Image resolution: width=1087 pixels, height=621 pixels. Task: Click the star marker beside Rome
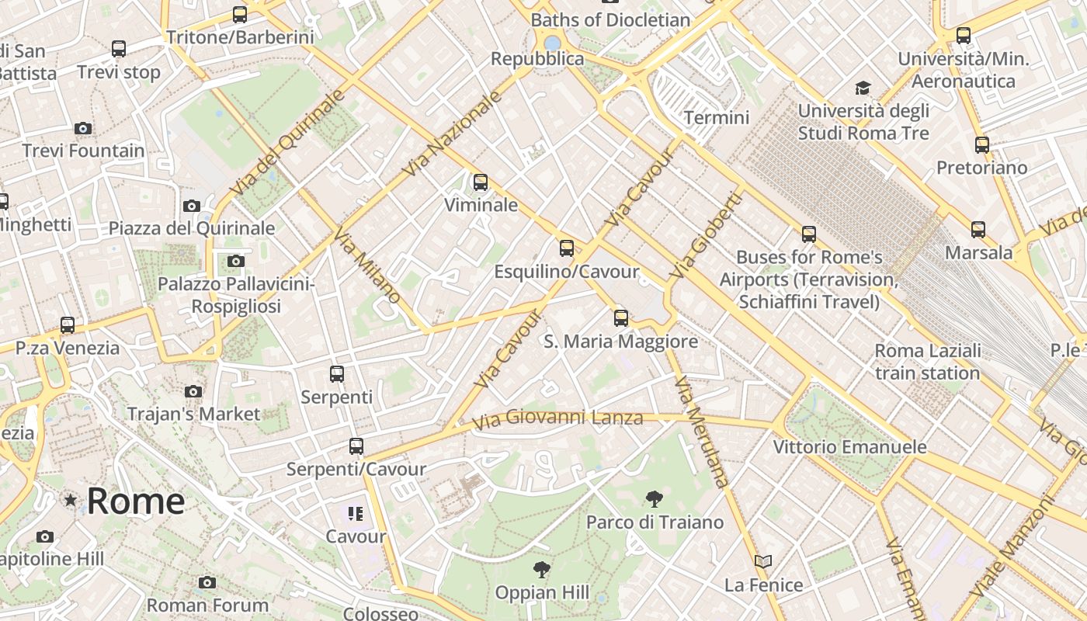pos(71,501)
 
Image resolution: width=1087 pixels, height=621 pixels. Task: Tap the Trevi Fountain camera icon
pos(83,128)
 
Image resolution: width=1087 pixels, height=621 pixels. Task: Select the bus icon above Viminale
pos(481,182)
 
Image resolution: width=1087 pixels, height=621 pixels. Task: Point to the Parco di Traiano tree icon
pos(655,498)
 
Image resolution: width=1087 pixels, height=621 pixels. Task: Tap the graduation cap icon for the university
pos(863,88)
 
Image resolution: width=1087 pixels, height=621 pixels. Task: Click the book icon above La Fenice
pos(763,561)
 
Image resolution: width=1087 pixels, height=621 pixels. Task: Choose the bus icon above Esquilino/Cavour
pos(567,248)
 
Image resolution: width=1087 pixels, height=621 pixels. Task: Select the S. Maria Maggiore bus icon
pos(620,317)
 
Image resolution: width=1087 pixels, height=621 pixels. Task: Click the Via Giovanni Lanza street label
pos(557,418)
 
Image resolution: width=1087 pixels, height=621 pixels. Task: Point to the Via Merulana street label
pos(702,432)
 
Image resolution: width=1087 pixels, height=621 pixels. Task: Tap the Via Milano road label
pos(368,265)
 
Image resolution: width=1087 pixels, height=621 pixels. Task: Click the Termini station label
pos(716,117)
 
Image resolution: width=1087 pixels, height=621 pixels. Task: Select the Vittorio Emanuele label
pos(849,447)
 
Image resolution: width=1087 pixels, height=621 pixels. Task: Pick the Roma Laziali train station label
pos(927,362)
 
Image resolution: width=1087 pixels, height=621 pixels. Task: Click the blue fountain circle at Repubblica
pos(552,43)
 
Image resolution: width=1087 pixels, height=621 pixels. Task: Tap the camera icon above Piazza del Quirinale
pos(192,206)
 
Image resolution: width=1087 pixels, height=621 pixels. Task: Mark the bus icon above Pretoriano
pos(981,144)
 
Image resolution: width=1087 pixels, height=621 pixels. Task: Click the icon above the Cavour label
pos(356,513)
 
